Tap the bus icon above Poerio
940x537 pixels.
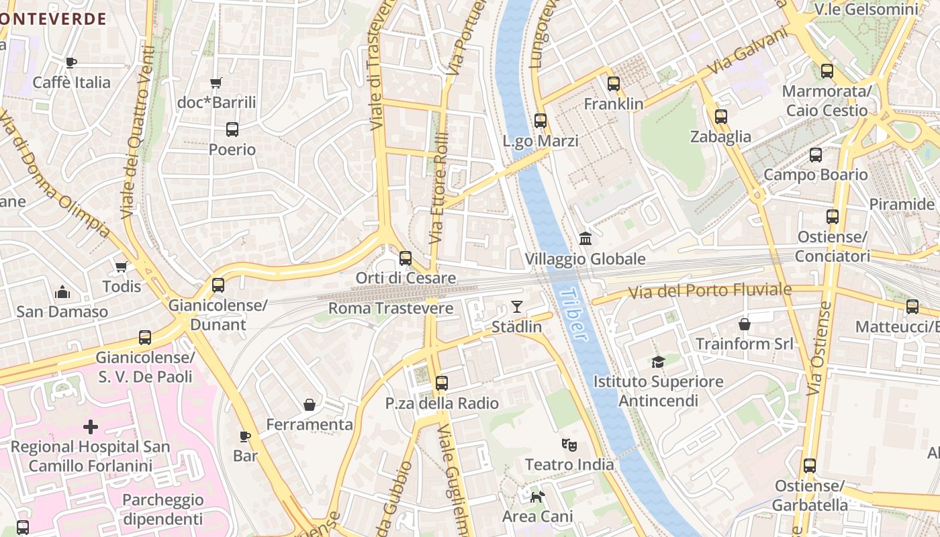click(x=232, y=130)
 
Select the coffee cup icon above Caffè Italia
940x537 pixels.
click(x=71, y=63)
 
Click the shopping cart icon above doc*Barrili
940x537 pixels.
click(x=216, y=83)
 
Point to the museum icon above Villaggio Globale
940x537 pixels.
click(x=585, y=239)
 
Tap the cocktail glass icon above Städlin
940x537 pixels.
click(x=516, y=307)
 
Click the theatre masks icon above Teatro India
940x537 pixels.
click(x=569, y=444)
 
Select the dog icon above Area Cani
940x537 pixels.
click(x=537, y=497)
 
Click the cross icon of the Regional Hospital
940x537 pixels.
click(x=91, y=427)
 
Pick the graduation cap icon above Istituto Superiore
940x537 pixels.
click(x=658, y=362)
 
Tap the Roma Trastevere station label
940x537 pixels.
click(x=391, y=309)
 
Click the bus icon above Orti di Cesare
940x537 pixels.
click(x=406, y=258)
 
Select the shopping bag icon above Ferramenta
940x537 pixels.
click(x=310, y=405)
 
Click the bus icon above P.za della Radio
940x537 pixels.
click(x=441, y=383)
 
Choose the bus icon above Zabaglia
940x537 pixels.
click(x=721, y=117)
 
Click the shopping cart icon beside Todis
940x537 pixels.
click(x=122, y=267)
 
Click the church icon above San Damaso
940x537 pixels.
click(x=62, y=292)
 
